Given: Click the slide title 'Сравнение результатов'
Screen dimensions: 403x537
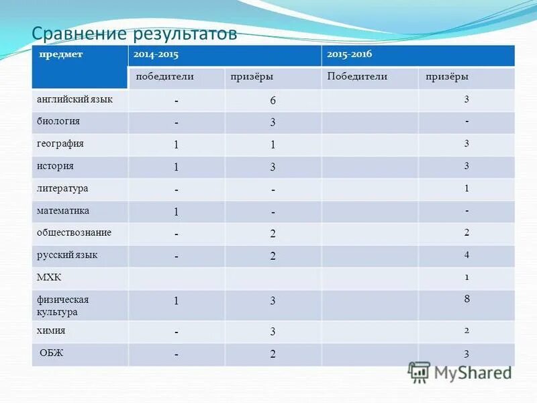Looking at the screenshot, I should point(135,34).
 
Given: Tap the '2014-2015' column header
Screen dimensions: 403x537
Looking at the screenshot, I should point(155,54).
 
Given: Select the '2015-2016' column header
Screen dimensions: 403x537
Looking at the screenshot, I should point(349,54).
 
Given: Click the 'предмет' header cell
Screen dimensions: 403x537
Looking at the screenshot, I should point(60,54).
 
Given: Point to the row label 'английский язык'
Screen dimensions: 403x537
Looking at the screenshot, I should point(75,99).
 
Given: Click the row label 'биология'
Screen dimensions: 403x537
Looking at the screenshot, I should point(58,122).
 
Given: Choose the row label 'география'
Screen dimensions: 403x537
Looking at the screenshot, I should point(60,144).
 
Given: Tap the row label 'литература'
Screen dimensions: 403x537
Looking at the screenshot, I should point(62,189).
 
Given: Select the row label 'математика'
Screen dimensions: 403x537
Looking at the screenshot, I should point(63,211).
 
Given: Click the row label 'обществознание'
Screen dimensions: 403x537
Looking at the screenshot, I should point(74,233).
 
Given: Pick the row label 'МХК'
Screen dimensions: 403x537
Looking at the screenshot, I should point(49,277).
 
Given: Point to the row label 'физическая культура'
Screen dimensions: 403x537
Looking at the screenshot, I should point(62,306).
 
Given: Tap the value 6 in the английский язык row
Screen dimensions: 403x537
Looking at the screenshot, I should point(273,101).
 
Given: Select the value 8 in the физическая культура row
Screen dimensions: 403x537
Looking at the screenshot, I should point(467,300).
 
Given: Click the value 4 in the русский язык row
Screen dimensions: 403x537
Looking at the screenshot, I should point(467,255).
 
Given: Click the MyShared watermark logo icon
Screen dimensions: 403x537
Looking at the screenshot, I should point(420,371).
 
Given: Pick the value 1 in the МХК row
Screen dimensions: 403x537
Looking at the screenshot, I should point(467,277).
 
